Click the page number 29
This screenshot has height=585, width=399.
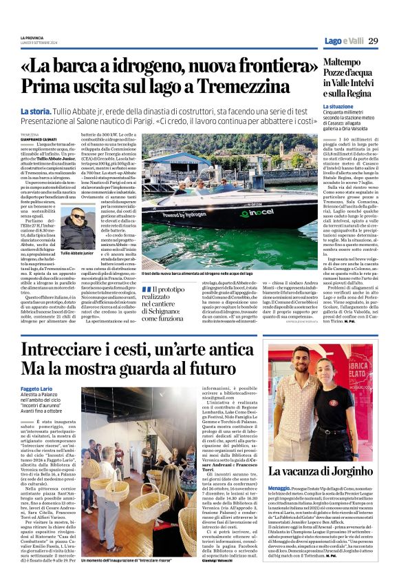pyautogui.click(x=373, y=41)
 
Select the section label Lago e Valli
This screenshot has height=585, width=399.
pyautogui.click(x=343, y=41)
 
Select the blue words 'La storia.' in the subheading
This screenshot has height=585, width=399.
pyautogui.click(x=35, y=110)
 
